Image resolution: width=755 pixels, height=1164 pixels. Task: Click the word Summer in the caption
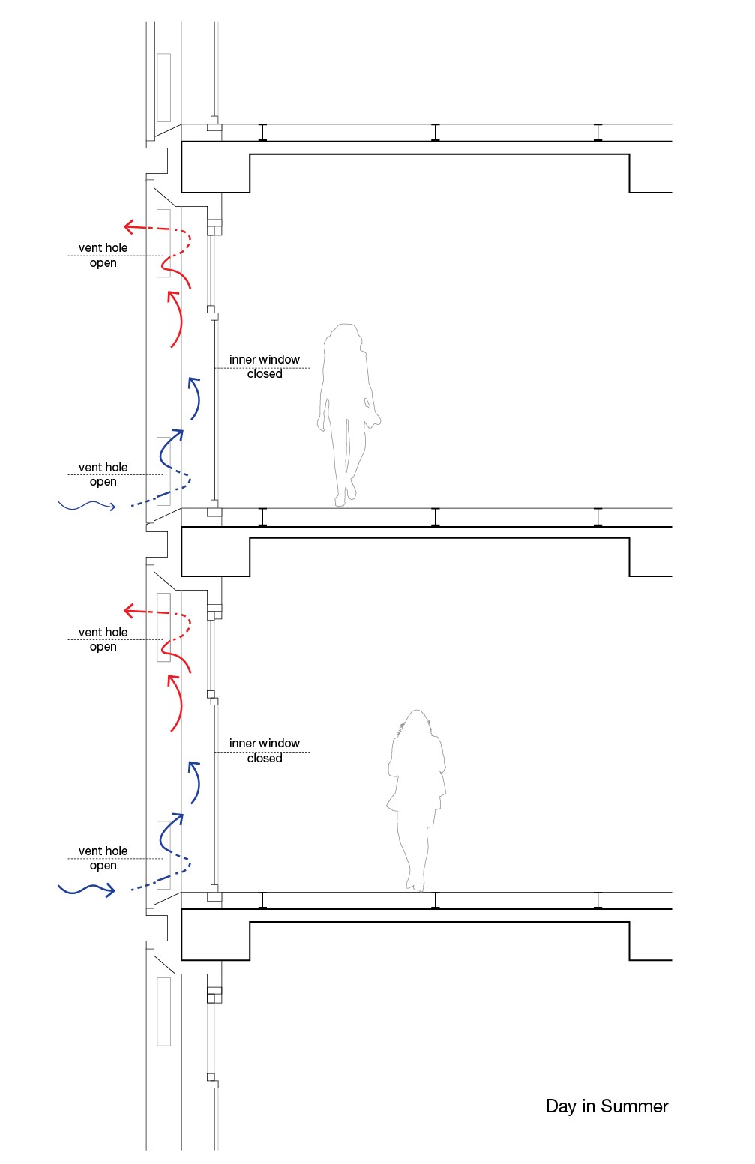click(634, 1106)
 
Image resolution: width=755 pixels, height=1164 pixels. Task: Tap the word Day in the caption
click(560, 1107)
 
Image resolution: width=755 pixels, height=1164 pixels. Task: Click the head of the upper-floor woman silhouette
click(346, 337)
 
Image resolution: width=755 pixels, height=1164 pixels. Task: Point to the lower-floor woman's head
click(417, 724)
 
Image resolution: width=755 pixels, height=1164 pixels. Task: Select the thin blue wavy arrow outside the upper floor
click(87, 507)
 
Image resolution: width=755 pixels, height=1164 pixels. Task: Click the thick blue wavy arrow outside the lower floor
click(87, 890)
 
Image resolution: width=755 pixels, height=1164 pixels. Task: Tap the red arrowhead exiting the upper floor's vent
click(130, 226)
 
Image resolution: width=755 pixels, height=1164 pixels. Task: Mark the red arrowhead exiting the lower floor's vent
click(130, 612)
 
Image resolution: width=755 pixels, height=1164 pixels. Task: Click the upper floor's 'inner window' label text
click(264, 360)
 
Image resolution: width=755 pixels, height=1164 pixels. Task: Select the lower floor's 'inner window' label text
click(264, 744)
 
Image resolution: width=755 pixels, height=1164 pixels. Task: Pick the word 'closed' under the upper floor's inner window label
click(265, 374)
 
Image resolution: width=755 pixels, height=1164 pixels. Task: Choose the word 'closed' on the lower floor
click(265, 759)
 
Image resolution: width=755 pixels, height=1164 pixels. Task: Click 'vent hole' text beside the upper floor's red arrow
click(103, 248)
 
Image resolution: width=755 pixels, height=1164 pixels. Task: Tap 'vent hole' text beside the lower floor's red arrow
click(103, 633)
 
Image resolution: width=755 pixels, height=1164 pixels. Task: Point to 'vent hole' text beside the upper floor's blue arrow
click(103, 468)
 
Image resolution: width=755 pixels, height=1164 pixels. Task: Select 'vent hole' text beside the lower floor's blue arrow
click(103, 851)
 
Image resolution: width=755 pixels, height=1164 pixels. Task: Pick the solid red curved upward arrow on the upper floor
click(176, 319)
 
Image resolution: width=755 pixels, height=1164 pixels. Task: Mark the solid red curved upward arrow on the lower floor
click(176, 702)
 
